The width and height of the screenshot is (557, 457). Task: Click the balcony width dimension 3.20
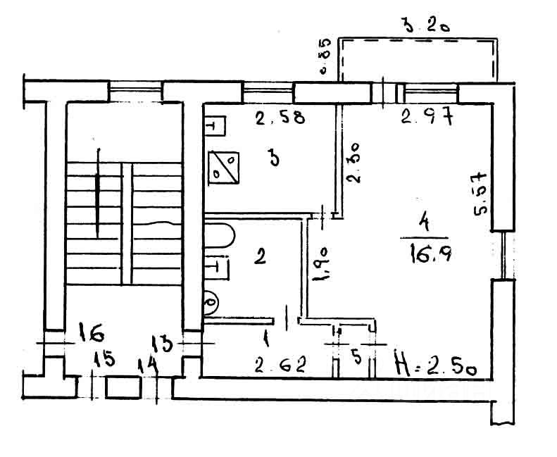tap(426, 28)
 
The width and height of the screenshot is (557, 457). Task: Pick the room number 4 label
tap(425, 223)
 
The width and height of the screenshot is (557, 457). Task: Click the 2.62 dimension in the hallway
tap(280, 365)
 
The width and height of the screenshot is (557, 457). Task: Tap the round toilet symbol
tap(210, 303)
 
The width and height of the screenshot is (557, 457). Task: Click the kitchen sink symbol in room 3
tap(215, 126)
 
